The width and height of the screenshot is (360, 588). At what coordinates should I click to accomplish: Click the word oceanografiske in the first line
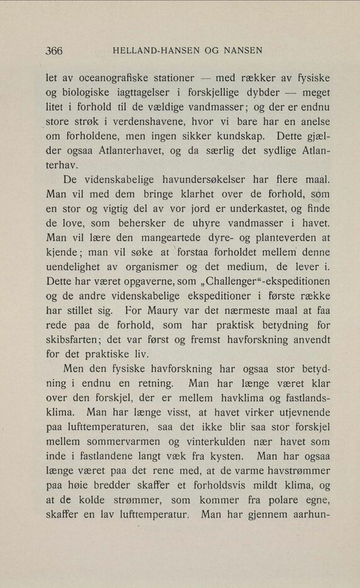(110, 80)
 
